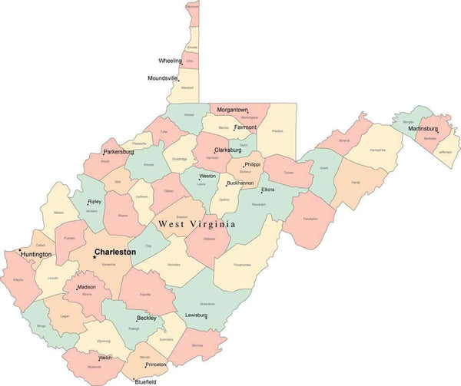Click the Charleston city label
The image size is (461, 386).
[x=115, y=252]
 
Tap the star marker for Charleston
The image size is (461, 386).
[x=95, y=257]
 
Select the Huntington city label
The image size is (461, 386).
[x=37, y=254]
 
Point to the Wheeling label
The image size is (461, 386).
[x=170, y=60]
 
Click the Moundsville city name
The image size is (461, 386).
[x=162, y=78]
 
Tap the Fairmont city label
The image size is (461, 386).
[x=246, y=127]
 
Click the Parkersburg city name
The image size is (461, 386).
[x=118, y=152]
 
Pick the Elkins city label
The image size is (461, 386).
[x=267, y=189]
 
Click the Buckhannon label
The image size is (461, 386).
[x=240, y=183]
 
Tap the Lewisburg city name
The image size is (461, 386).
[x=196, y=315]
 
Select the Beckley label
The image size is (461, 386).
[x=146, y=317]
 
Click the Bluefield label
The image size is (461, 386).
[x=145, y=381]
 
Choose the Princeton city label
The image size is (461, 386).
[x=156, y=365]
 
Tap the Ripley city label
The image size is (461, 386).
[x=95, y=201]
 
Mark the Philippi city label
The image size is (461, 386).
[x=252, y=164]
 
